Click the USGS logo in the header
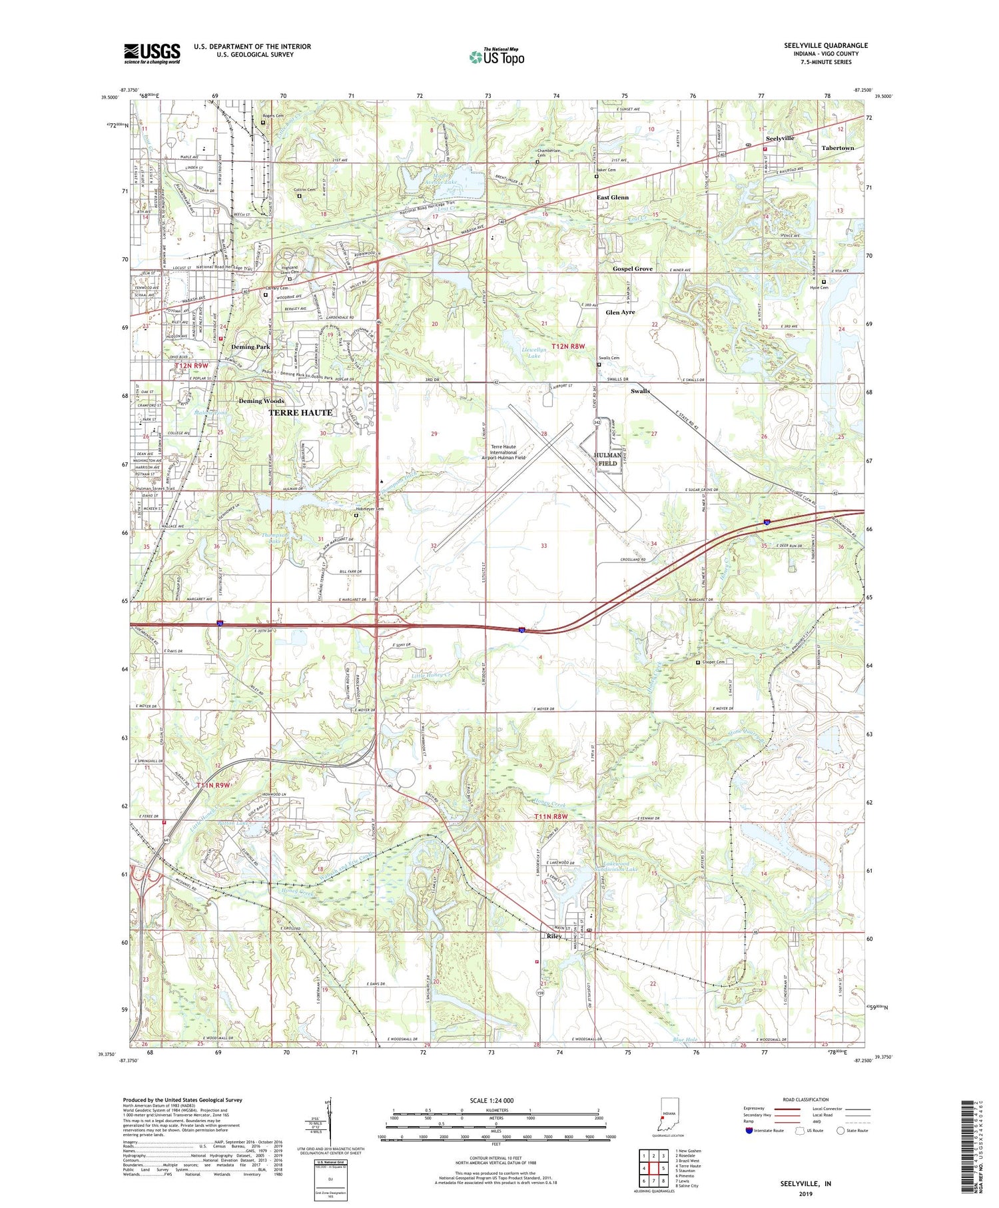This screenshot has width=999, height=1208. [x=152, y=53]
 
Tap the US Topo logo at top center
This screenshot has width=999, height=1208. [x=497, y=57]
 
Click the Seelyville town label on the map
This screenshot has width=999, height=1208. [x=779, y=138]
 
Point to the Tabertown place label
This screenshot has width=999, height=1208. [x=837, y=148]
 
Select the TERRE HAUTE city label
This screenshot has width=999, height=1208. [x=300, y=412]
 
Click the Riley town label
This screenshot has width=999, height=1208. [x=554, y=936]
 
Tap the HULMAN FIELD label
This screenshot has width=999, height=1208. [x=607, y=458]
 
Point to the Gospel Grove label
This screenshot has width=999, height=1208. [x=632, y=269]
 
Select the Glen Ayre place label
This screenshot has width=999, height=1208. [x=620, y=312]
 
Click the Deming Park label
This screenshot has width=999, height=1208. [x=250, y=347]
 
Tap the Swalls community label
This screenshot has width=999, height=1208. [x=640, y=391]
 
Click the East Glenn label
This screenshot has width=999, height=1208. [x=612, y=197]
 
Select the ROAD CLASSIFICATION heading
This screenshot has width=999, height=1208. [x=806, y=1099]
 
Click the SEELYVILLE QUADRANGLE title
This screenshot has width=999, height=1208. [x=826, y=45]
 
